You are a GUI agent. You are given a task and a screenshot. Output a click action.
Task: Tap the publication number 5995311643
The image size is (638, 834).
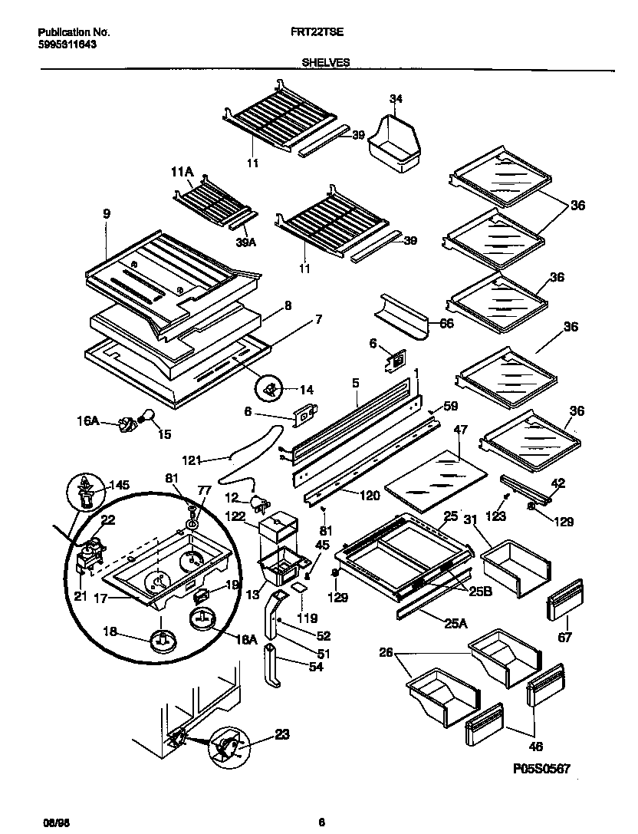point(67,45)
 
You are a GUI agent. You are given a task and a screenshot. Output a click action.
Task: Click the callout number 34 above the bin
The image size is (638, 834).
point(396,98)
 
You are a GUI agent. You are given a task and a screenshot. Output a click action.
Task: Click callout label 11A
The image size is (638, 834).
point(182,173)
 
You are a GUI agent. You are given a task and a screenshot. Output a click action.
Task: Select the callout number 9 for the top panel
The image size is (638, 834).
point(107,216)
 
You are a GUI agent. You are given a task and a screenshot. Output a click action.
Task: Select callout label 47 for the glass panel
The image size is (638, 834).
point(461,430)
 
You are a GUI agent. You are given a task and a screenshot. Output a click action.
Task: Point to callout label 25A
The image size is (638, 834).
point(455,624)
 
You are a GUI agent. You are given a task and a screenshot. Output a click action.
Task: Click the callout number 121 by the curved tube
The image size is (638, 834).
point(192,460)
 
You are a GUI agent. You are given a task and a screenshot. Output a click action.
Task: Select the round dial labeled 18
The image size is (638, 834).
point(163,639)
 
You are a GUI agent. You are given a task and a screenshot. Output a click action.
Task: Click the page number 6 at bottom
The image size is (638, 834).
point(322,823)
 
